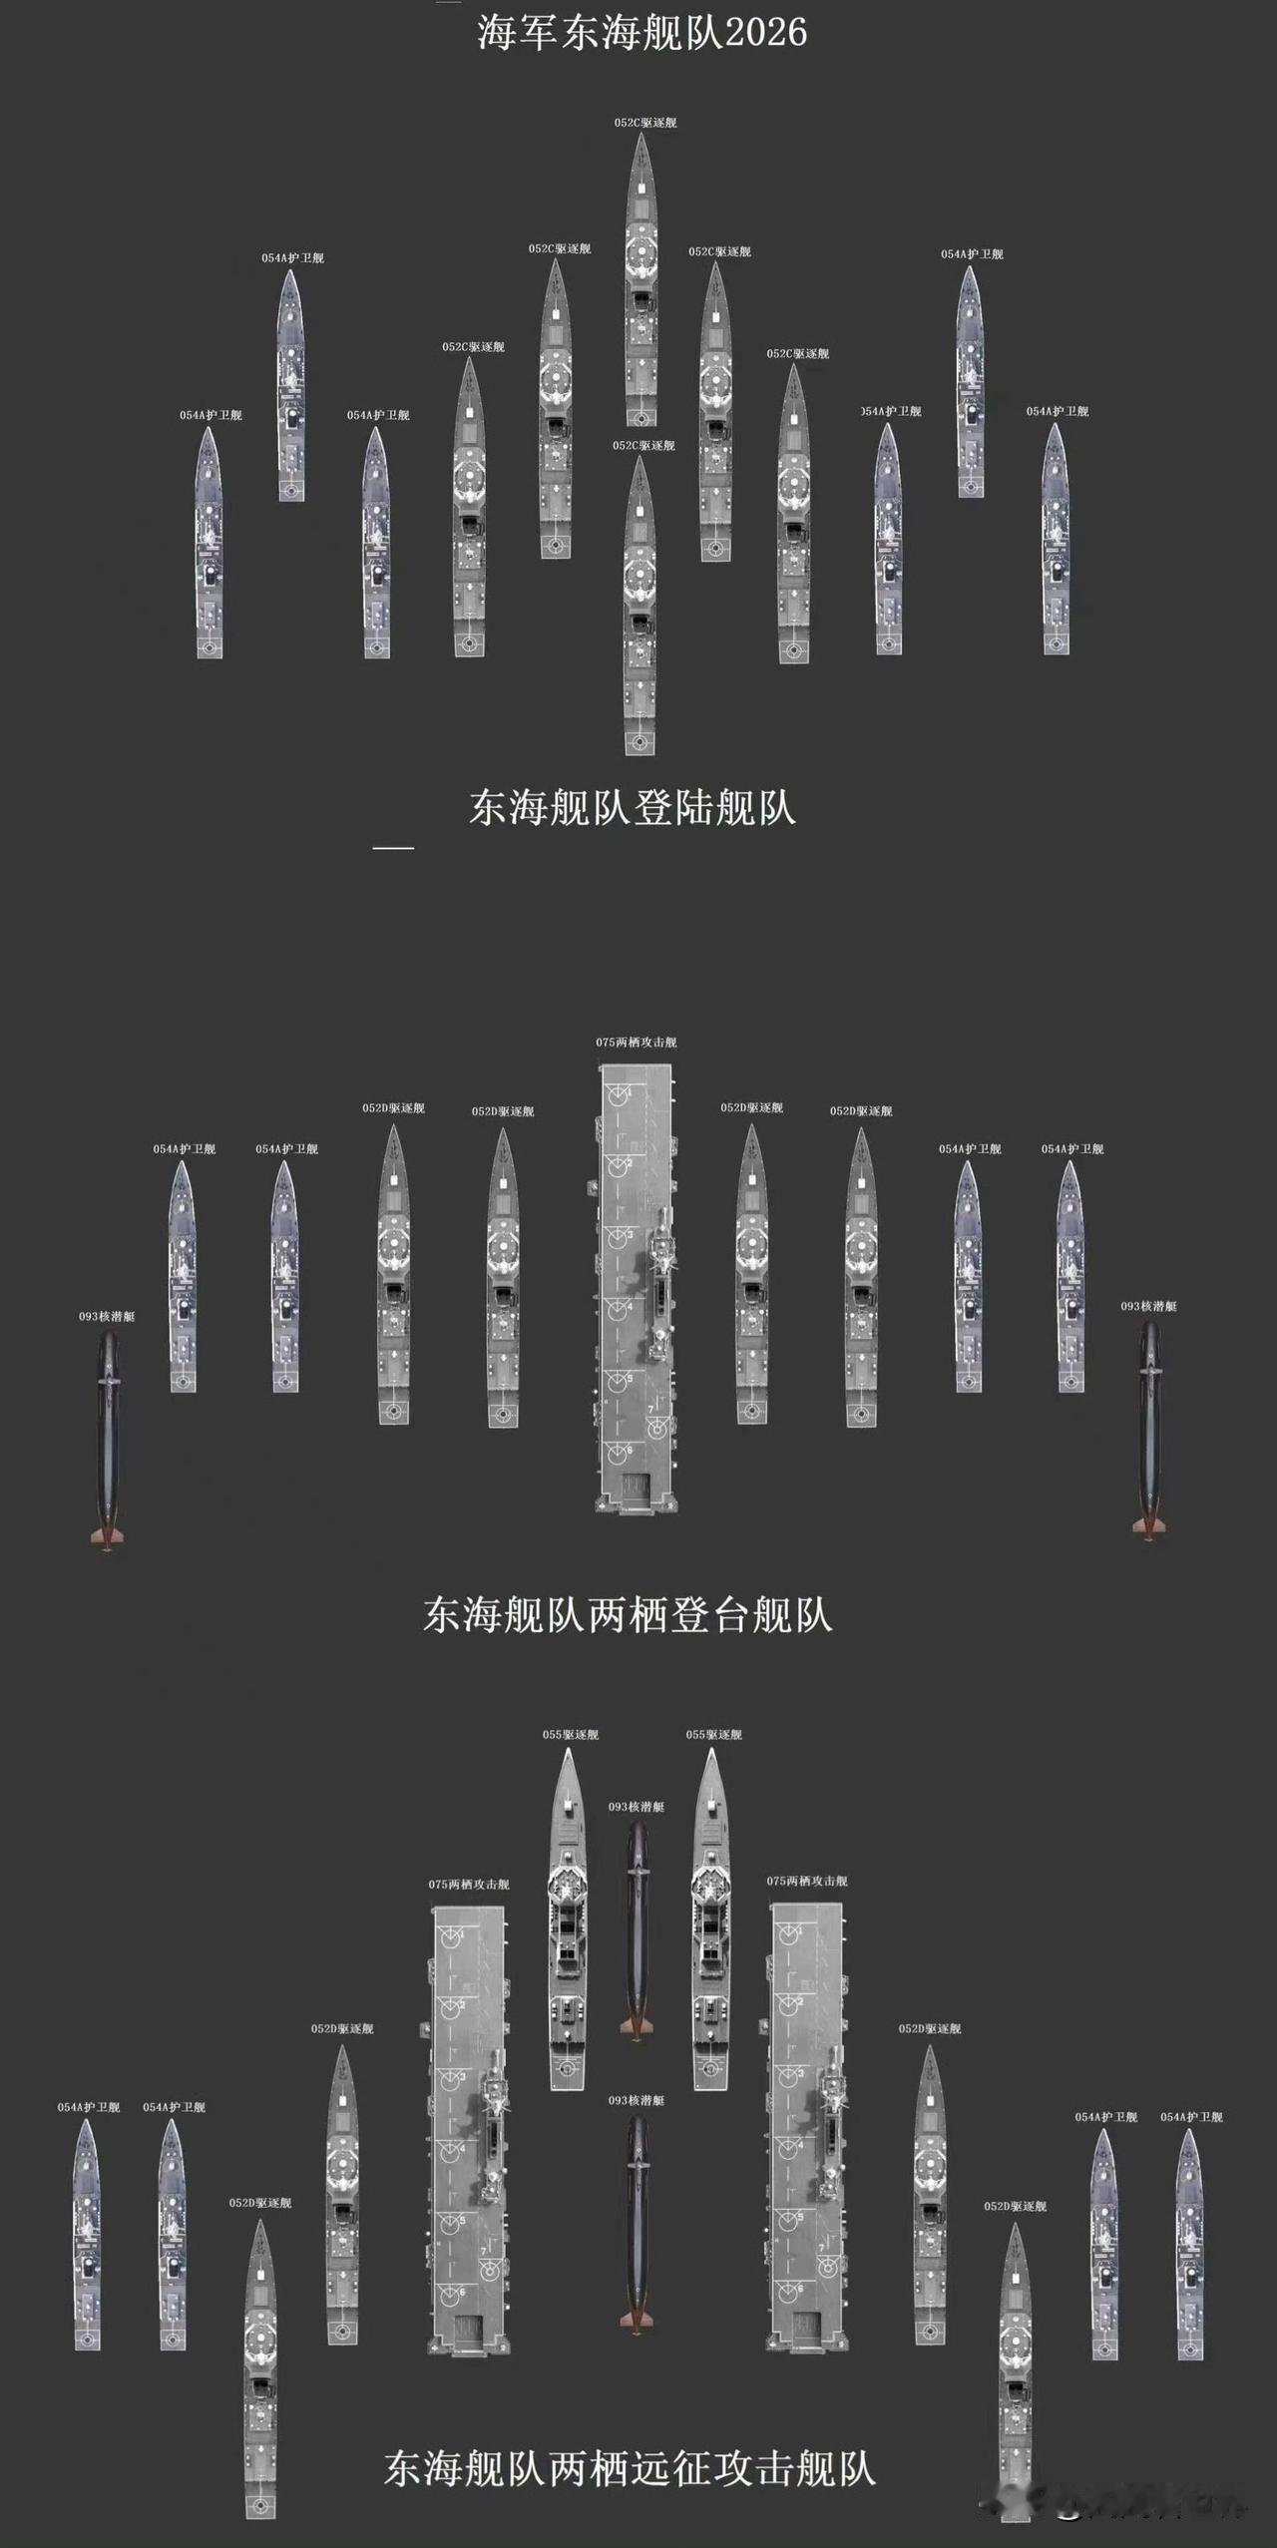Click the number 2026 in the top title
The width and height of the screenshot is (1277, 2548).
(765, 33)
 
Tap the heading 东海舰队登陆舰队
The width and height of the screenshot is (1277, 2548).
(633, 807)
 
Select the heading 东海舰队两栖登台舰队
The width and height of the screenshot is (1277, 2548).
(628, 1614)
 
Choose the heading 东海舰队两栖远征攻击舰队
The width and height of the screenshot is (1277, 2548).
(630, 2466)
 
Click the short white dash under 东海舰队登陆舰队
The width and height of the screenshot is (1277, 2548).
(393, 848)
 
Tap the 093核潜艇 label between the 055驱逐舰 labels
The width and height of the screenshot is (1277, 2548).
(637, 1807)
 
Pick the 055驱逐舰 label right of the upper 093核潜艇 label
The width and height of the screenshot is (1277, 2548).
(713, 1735)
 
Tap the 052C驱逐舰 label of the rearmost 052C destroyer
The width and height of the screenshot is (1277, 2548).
(643, 445)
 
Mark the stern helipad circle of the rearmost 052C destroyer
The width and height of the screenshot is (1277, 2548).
(639, 742)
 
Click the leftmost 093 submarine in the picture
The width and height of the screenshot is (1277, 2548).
(108, 1437)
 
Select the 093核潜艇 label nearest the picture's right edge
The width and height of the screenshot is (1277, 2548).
(1148, 1306)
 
